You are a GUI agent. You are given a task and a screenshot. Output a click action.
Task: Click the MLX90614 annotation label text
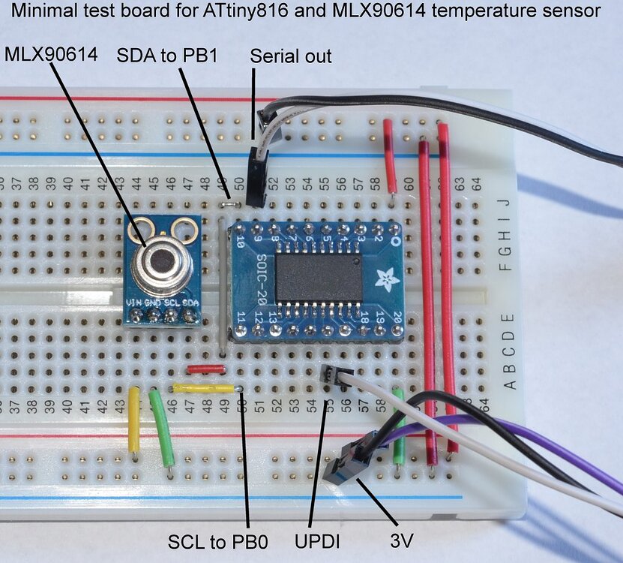pos(49,55)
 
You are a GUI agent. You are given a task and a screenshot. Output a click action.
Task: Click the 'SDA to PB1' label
pos(166,56)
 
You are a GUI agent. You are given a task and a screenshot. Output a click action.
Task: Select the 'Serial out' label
pos(291,56)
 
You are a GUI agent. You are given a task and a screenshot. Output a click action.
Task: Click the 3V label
pos(405,541)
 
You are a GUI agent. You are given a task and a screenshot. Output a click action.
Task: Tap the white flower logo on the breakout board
pos(388,279)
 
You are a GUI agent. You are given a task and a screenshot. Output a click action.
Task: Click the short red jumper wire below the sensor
pos(205,369)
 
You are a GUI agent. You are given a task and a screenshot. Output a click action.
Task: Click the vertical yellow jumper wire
pos(133,419)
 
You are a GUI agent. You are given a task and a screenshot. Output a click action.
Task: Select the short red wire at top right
pos(390,154)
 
